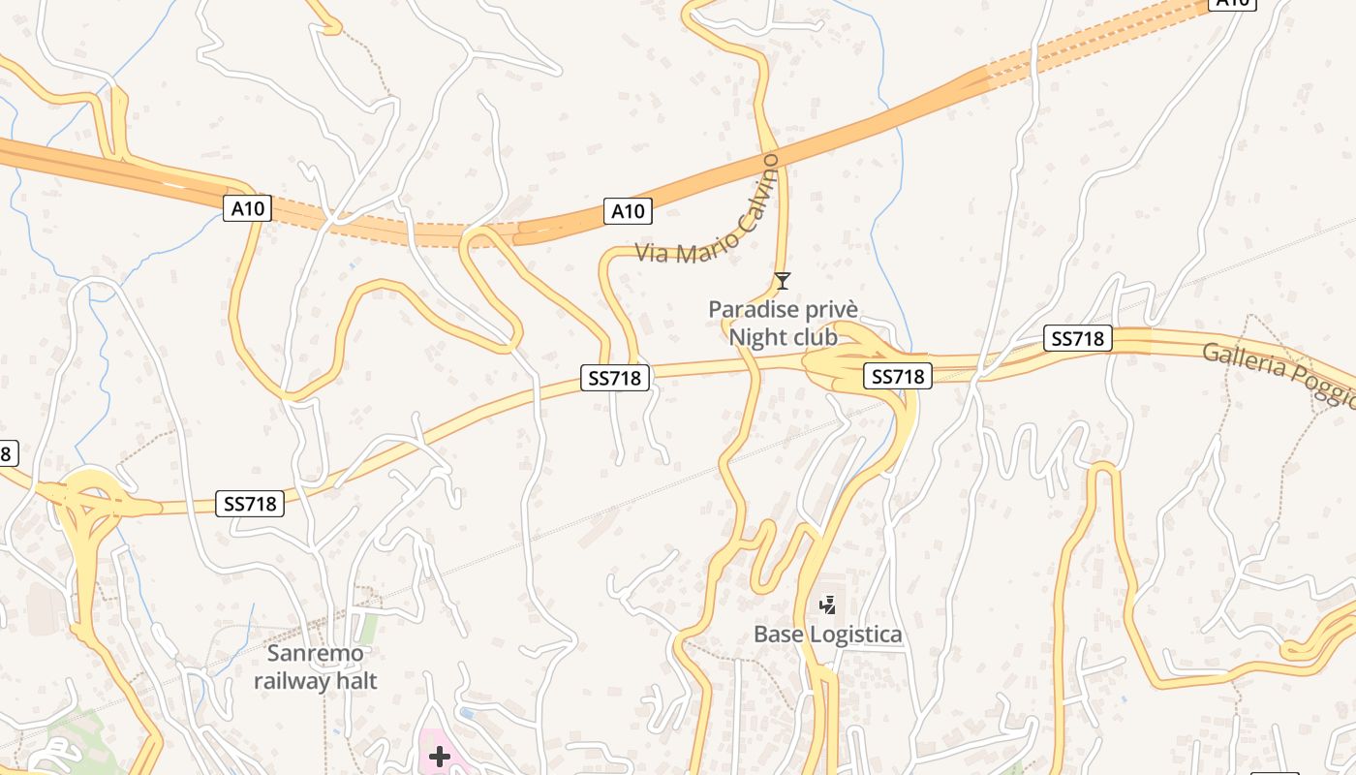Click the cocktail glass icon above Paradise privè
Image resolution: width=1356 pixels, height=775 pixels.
[783, 281]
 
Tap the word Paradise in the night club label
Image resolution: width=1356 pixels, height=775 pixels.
[749, 310]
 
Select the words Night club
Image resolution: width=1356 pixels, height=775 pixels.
[783, 337]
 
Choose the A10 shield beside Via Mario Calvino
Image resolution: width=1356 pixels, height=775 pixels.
[628, 211]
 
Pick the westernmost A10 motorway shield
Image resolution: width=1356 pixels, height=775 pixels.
[248, 207]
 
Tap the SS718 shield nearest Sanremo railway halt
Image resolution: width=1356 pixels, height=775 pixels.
[250, 504]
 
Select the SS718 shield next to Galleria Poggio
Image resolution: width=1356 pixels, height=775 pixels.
[1078, 339]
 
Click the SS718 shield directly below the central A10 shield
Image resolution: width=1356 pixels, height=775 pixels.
[615, 378]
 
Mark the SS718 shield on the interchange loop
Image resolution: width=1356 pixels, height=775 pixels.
[898, 376]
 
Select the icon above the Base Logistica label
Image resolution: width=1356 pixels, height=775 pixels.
[827, 605]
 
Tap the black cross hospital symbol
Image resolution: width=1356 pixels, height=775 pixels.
[440, 757]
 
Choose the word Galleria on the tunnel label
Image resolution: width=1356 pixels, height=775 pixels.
[1246, 362]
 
